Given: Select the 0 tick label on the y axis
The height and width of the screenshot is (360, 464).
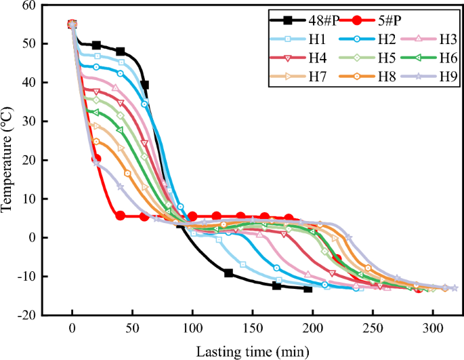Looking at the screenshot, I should click(32, 237).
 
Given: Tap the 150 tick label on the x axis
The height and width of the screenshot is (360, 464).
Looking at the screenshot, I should click(253, 328).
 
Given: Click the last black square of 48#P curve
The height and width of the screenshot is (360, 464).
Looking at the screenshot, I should click(308, 289).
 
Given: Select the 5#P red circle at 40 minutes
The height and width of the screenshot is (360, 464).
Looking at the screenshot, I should click(121, 216).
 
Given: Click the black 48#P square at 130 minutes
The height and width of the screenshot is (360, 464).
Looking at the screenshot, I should click(229, 273).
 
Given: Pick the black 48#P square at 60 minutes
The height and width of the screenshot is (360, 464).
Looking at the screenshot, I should click(144, 85).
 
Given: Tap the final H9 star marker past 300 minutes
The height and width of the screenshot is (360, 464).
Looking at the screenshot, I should click(455, 288).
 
